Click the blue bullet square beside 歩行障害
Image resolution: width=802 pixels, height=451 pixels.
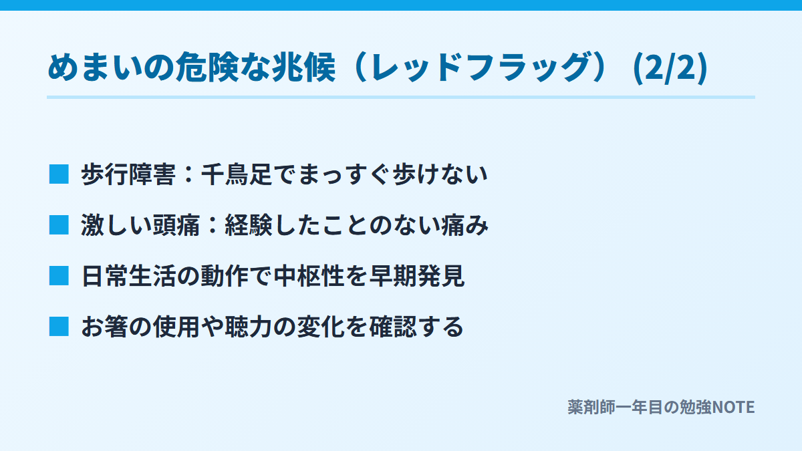click(59, 174)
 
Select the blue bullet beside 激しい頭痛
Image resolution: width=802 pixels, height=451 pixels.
click(59, 225)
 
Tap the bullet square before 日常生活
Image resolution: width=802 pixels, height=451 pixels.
click(59, 276)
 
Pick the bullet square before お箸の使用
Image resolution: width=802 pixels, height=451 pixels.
click(59, 327)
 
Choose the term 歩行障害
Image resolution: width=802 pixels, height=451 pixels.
click(128, 174)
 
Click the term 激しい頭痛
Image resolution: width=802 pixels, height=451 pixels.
click(140, 225)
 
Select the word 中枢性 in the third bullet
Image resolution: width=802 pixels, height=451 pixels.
click(309, 276)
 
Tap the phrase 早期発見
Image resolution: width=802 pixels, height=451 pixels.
click(417, 276)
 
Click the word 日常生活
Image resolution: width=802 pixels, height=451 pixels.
click(128, 276)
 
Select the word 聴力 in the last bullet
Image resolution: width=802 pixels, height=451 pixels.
click(249, 327)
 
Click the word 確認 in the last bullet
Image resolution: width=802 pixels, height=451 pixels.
click(393, 327)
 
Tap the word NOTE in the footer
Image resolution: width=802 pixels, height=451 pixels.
click(734, 408)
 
